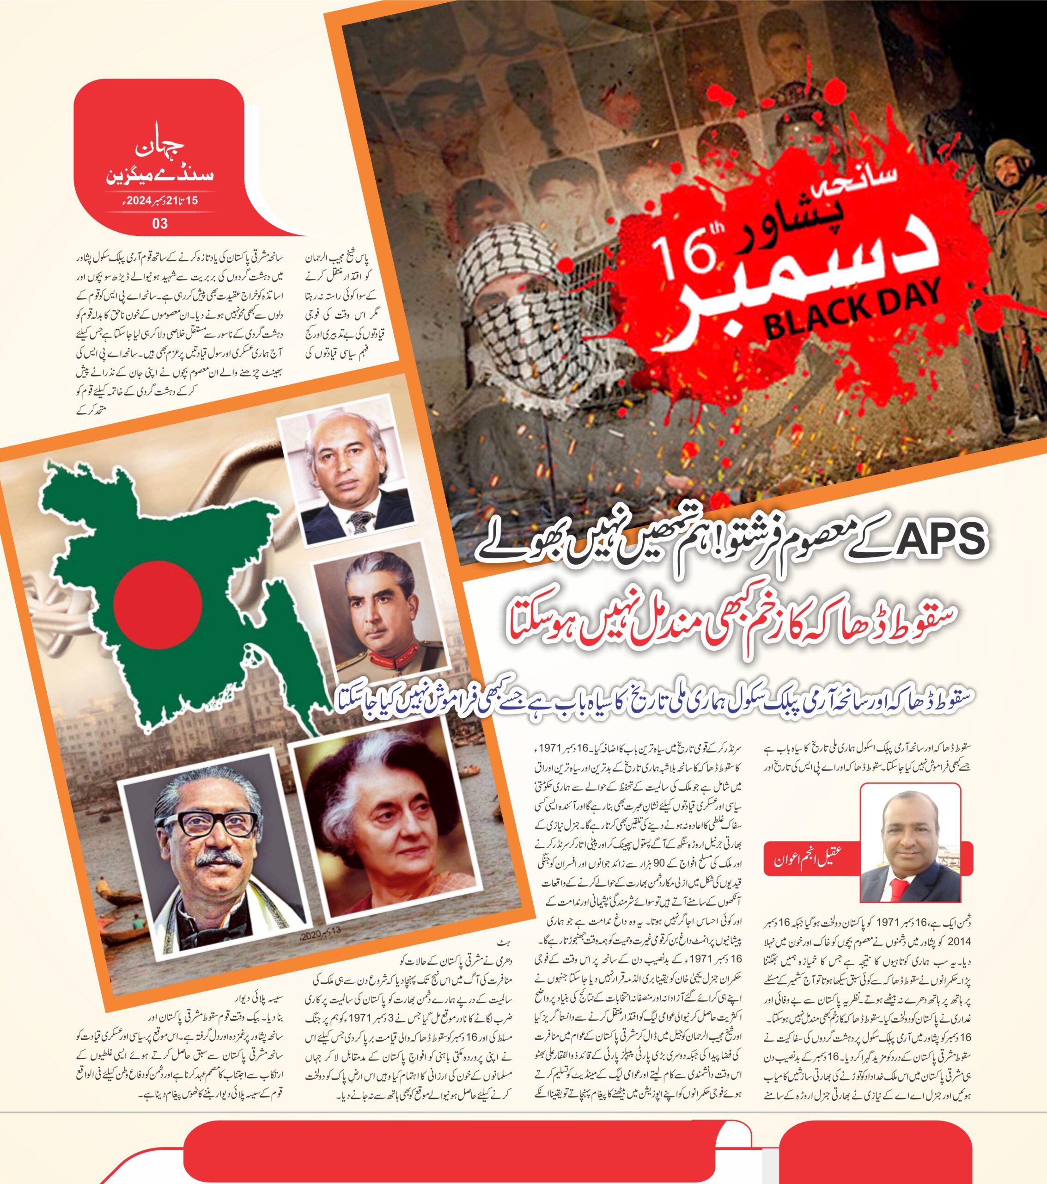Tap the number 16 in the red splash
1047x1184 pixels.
(683, 252)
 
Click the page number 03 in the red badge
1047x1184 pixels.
(160, 223)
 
